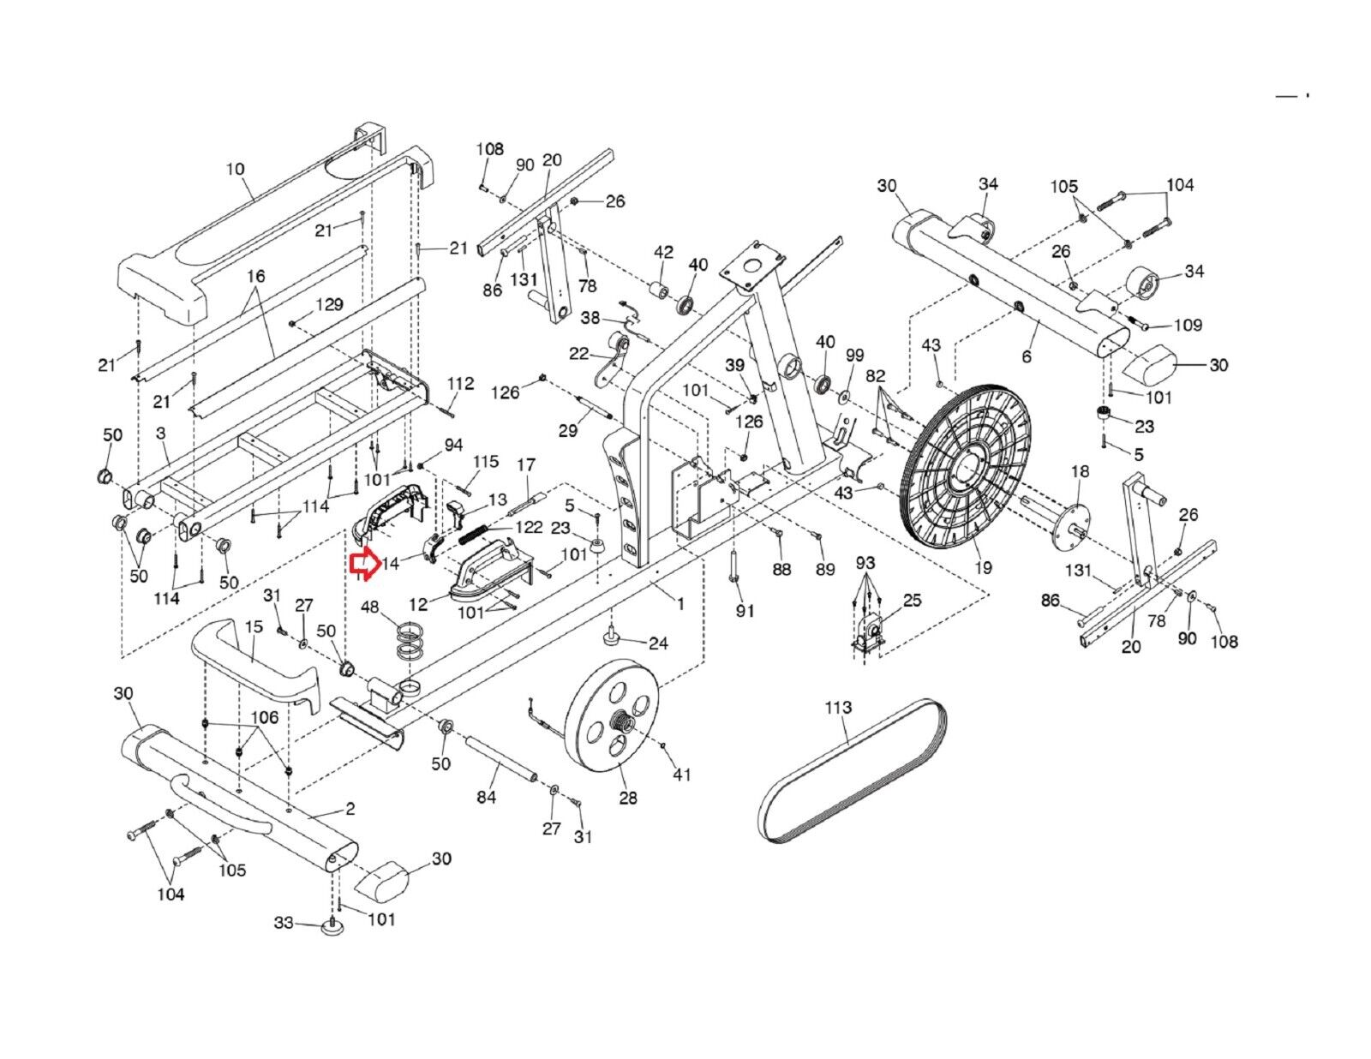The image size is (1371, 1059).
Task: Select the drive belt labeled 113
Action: (x=853, y=772)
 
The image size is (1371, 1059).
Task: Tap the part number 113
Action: (x=839, y=707)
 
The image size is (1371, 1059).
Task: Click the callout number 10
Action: (x=236, y=169)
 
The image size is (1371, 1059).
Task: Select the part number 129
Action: (x=329, y=304)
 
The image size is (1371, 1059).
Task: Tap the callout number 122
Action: (x=529, y=526)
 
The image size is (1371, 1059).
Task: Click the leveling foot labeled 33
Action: (x=332, y=927)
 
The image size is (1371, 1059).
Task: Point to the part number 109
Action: (x=1188, y=325)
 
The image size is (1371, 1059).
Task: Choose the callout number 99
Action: (x=855, y=355)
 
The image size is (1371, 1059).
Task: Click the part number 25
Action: (x=913, y=600)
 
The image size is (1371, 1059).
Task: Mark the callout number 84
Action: (x=487, y=797)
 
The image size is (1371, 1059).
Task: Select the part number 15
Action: (x=254, y=627)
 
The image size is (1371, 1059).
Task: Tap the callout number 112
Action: (x=461, y=384)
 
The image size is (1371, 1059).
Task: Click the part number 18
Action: (x=1081, y=471)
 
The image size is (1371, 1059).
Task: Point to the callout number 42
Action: (x=664, y=252)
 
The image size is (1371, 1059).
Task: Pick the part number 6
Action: (x=1027, y=357)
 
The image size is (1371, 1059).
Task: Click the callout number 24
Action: (x=658, y=643)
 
